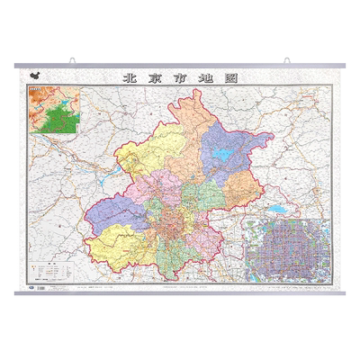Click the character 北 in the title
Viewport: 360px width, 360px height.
129,78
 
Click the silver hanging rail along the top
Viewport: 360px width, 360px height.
180,67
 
